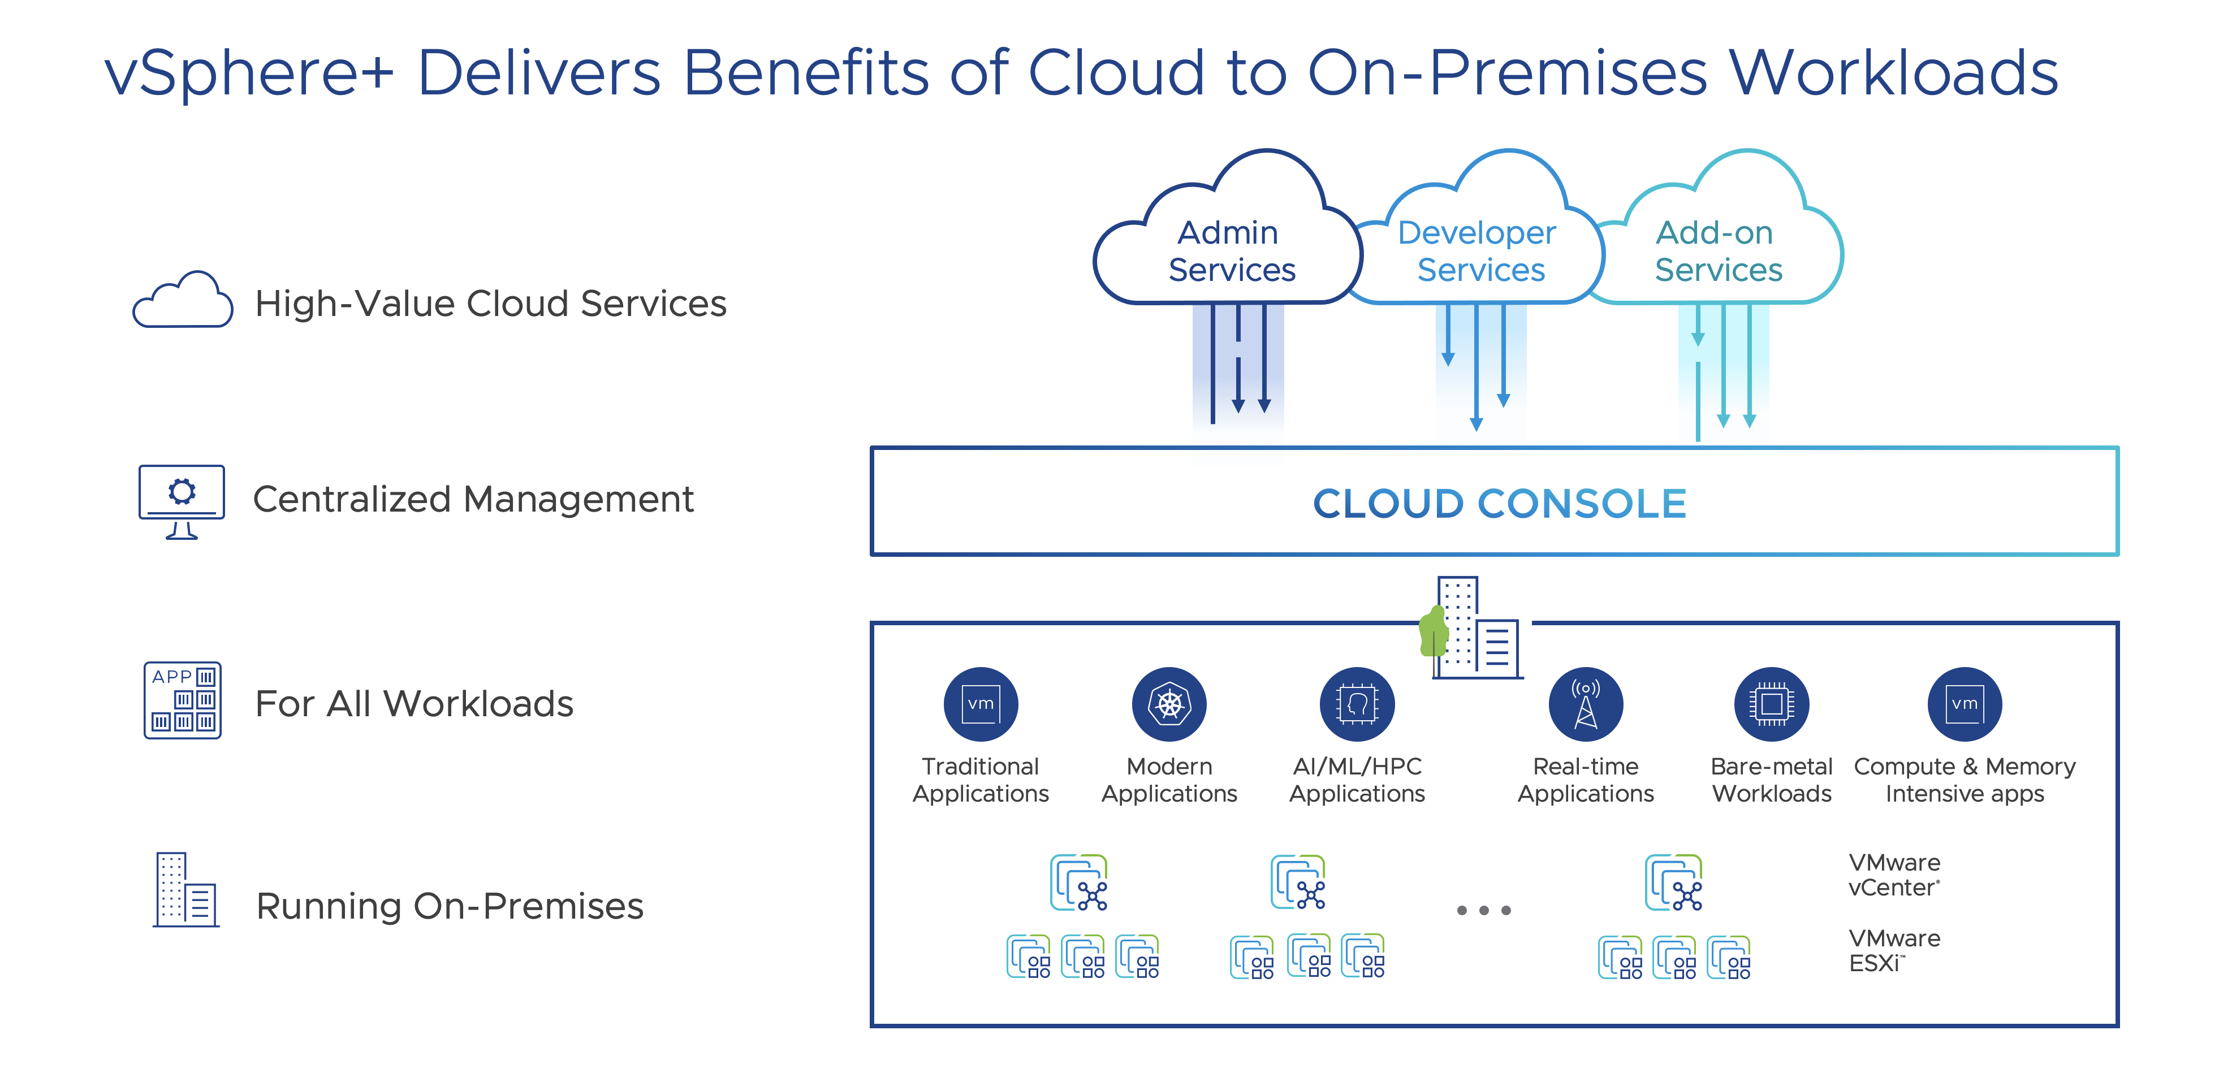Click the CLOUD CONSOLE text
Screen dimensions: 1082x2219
coord(1499,504)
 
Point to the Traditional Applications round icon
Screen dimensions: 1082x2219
coord(981,704)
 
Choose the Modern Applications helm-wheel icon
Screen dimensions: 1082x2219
coord(1169,704)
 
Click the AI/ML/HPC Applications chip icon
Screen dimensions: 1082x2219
coord(1357,704)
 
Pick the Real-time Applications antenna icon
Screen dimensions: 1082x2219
coord(1585,704)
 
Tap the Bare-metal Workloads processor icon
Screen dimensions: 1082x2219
coord(1771,704)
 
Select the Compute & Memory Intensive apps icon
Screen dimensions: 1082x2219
coord(1964,704)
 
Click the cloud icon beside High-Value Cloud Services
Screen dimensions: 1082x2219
coord(183,301)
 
